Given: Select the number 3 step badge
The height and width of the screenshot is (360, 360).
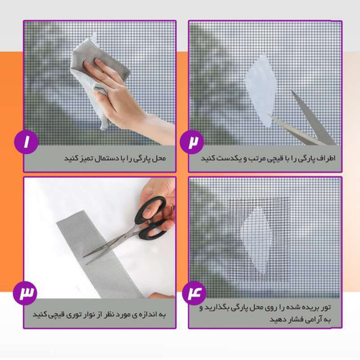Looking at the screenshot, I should tap(27, 294).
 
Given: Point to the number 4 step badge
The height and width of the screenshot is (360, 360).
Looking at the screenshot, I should tap(192, 294).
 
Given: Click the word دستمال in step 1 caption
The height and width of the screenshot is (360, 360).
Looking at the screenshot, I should tap(95, 157).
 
